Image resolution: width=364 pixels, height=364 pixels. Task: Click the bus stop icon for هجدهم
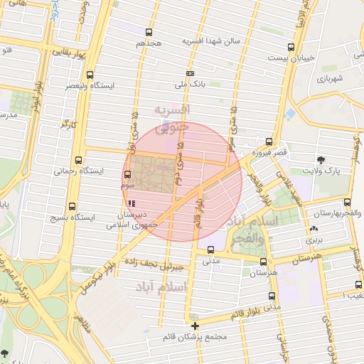(x=149, y=32)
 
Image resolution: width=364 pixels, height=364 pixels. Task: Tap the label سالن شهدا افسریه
(x=210, y=41)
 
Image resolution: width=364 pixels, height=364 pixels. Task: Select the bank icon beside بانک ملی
(x=190, y=73)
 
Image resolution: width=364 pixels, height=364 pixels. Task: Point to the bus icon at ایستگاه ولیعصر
(x=90, y=75)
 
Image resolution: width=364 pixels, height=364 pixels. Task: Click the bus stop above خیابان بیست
(x=292, y=45)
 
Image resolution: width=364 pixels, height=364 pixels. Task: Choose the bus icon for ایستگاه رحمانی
(x=78, y=161)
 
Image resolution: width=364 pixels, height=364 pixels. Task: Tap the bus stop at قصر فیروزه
(x=268, y=141)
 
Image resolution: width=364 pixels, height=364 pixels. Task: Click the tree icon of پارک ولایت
(x=322, y=160)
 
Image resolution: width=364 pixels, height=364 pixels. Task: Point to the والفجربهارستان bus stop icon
(x=347, y=203)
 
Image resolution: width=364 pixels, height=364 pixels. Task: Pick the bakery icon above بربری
(x=314, y=229)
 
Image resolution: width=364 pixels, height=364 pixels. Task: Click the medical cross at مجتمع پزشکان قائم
(x=196, y=326)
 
